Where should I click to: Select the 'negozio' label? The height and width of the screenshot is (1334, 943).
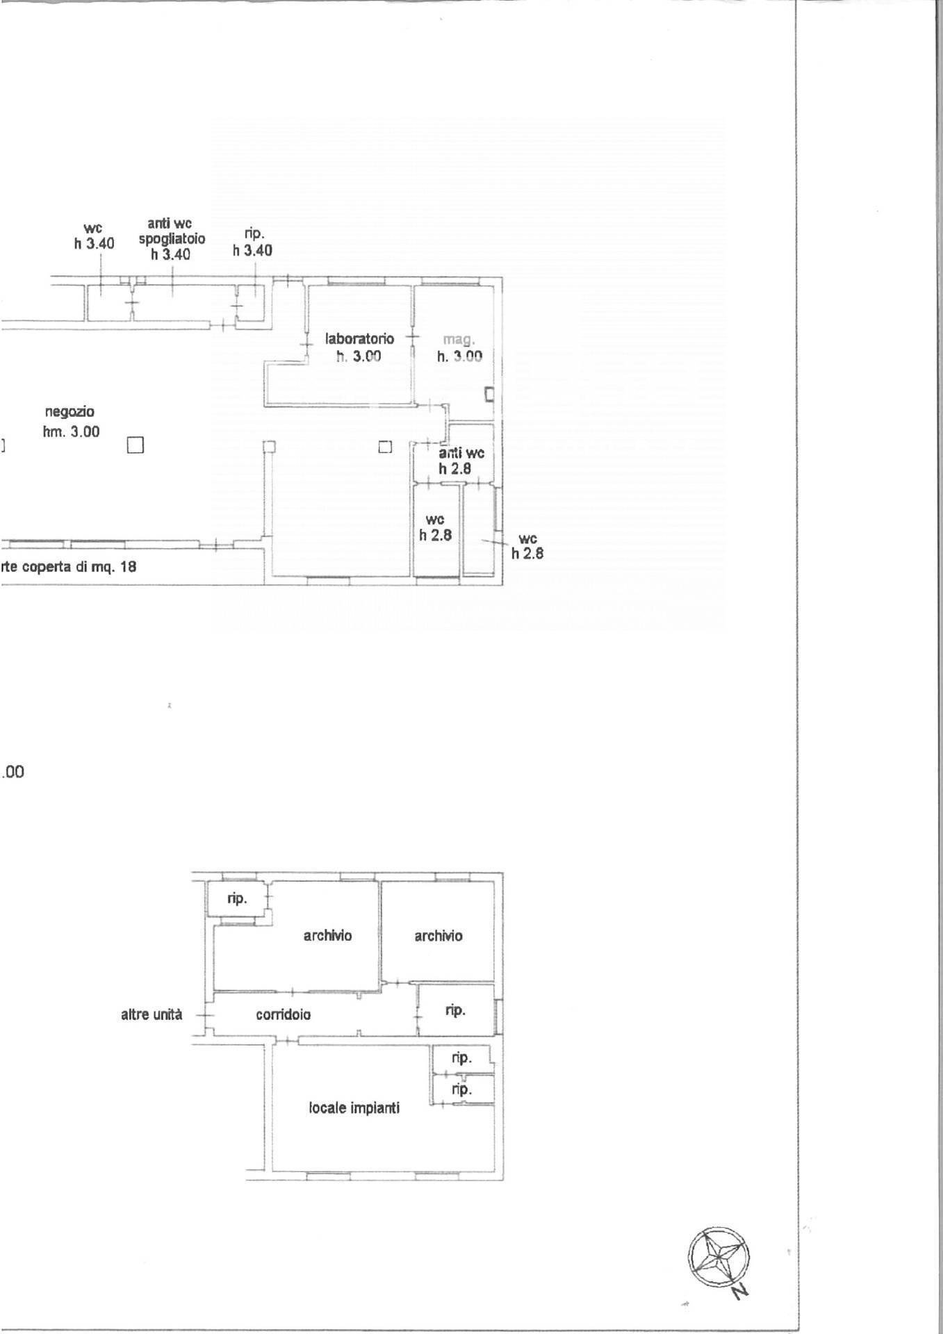69,412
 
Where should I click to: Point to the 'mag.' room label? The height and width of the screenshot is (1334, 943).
459,340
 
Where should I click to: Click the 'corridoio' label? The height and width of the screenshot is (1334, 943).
283,1014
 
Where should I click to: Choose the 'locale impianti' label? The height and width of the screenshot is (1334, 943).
354,1108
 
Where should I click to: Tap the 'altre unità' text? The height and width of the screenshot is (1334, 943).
151,1014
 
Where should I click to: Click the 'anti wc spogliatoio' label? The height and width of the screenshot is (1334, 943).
171,238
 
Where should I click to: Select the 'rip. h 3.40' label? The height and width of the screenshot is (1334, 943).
252,242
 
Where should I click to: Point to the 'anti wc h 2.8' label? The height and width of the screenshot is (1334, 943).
461,461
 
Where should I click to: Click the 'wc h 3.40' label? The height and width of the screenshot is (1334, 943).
94,236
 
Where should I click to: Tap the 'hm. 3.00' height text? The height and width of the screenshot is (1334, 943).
71,431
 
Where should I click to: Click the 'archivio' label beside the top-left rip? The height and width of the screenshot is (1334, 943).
327,935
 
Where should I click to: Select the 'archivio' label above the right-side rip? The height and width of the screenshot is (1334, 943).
438,936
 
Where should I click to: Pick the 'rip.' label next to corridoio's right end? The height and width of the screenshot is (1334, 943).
455,1010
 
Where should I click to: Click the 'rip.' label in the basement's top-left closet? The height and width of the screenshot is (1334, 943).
237,898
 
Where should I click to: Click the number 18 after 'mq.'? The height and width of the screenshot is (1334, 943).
128,566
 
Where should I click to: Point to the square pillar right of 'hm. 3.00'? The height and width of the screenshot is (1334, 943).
135,445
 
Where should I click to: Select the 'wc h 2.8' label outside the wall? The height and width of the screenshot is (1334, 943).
527,546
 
